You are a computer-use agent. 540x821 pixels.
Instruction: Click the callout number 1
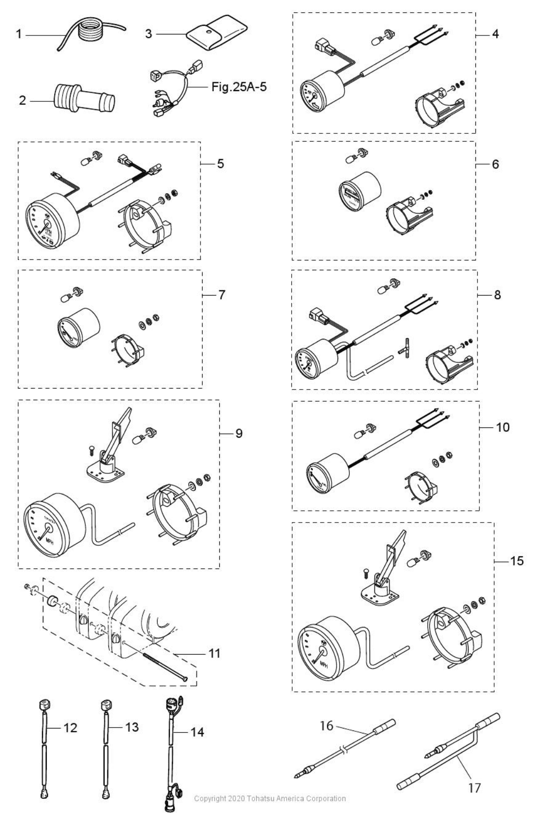[x=19, y=34]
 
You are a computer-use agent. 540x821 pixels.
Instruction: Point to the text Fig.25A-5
[x=239, y=87]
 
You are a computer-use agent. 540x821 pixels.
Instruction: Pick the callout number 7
[x=222, y=295]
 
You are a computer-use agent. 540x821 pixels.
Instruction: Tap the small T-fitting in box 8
[x=406, y=348]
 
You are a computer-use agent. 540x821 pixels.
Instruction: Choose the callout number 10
[x=503, y=427]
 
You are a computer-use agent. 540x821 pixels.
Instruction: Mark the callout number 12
[x=70, y=727]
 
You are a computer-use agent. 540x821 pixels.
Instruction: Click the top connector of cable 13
[x=105, y=705]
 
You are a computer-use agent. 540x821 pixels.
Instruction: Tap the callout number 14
[x=197, y=732]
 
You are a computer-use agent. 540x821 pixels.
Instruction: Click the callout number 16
[x=327, y=725]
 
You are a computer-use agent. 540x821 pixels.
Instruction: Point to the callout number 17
[x=474, y=788]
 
